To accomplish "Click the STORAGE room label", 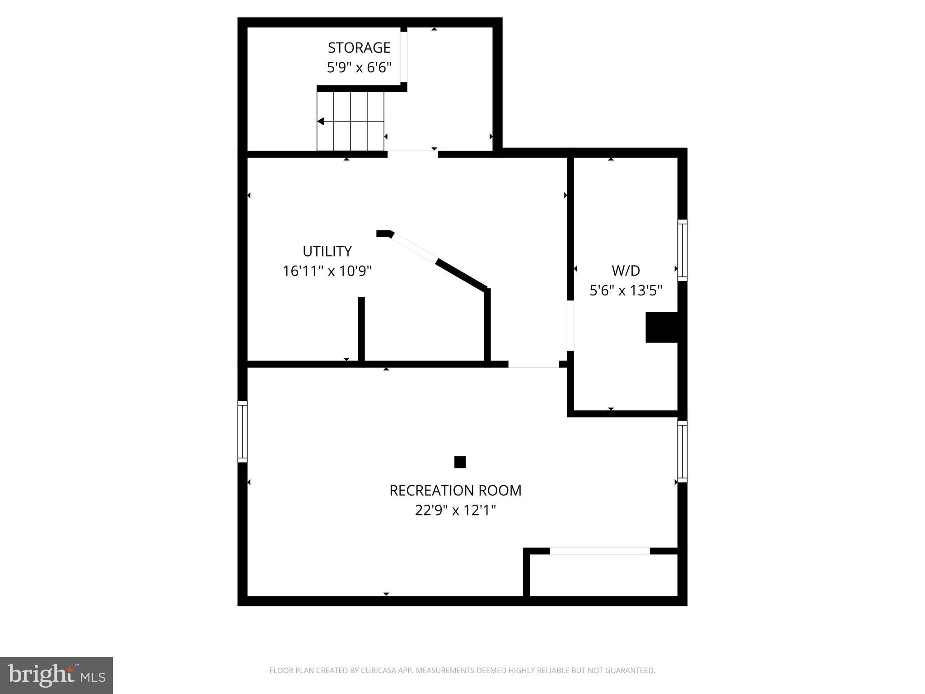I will coord(359,47).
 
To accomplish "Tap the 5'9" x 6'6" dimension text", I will coord(359,68).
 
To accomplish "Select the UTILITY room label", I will coord(327,251).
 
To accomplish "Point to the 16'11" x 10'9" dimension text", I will coord(327,271).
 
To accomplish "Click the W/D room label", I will coord(626,271).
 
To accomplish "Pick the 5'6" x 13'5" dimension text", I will coord(626,291).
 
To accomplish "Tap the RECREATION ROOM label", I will coord(455,491).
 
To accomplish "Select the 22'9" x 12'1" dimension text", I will coord(455,511).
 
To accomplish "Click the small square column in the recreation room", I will coord(460,462).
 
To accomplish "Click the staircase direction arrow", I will coord(321,121).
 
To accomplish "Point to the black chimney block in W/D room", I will coord(662,327).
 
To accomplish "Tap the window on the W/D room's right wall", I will coord(682,250).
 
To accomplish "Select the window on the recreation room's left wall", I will coord(243,431).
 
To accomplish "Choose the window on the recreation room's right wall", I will coord(682,451).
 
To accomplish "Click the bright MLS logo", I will coord(56,675).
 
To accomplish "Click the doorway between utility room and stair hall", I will coord(412,155).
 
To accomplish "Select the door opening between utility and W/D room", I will coord(570,325).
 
